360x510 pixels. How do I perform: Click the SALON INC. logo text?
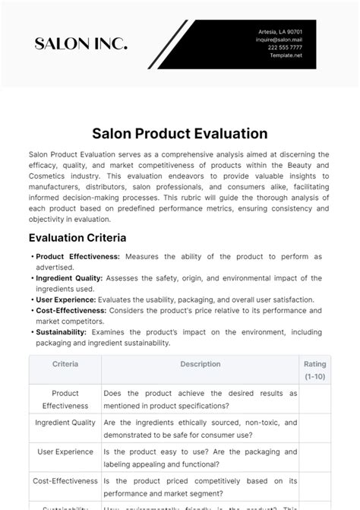coord(81,44)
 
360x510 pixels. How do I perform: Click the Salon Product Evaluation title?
coord(180,133)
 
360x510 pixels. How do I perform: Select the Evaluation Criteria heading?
coord(77,236)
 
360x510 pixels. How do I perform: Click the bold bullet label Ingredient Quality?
coord(69,278)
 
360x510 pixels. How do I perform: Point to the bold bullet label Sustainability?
coord(62,332)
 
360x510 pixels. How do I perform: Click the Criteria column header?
coord(65,364)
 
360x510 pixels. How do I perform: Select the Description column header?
coord(201,364)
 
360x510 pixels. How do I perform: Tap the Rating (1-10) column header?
coord(315,370)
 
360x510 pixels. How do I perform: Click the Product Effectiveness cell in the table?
coord(65,400)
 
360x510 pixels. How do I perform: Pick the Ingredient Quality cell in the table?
coord(65,423)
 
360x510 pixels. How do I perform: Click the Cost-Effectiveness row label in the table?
coord(65,481)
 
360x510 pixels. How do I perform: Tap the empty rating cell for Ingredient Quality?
coord(315,429)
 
